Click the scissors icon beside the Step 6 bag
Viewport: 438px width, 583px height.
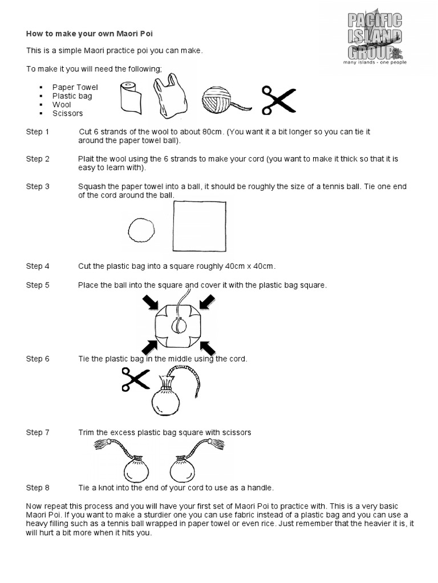tap(135, 380)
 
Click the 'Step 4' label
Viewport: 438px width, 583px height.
tap(38, 266)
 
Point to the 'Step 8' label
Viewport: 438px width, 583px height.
tap(38, 487)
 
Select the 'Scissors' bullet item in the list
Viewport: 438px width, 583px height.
tap(67, 113)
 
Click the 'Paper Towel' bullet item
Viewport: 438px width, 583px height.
tap(75, 87)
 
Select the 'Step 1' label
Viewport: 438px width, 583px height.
tap(38, 132)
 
